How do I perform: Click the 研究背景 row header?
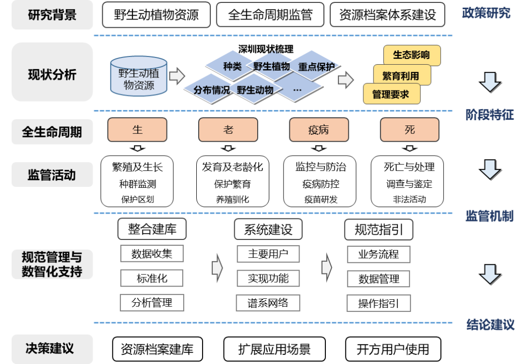pyautogui.click(x=52, y=15)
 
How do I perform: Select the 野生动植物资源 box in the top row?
pyautogui.click(x=156, y=15)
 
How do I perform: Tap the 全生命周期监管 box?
pyautogui.click(x=270, y=15)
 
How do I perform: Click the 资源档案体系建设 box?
pyautogui.click(x=387, y=15)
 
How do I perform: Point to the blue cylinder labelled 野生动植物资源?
pyautogui.click(x=139, y=77)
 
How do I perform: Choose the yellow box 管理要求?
pyautogui.click(x=391, y=94)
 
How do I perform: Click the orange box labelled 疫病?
pyautogui.click(x=319, y=130)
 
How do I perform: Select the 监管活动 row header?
pyautogui.click(x=52, y=175)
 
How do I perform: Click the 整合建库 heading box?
pyautogui.click(x=152, y=229)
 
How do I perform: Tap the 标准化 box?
pyautogui.click(x=152, y=278)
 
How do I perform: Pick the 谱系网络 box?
pyautogui.click(x=268, y=303)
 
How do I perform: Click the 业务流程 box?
pyautogui.click(x=378, y=254)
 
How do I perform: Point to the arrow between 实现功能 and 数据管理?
pyautogui.click(x=326, y=267)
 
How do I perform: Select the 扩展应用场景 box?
pyautogui.click(x=274, y=349)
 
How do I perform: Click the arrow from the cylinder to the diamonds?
pyautogui.click(x=177, y=75)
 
